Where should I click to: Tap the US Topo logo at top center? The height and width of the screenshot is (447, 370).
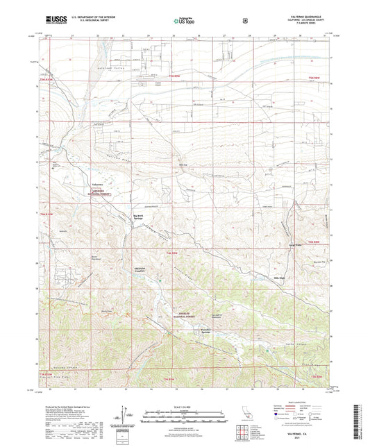[x=184, y=22]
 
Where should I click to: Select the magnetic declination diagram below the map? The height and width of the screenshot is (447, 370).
[x=125, y=414]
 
